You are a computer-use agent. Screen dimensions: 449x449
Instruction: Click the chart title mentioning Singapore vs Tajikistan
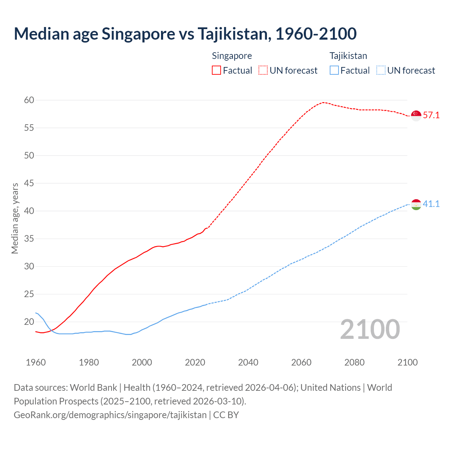(x=185, y=34)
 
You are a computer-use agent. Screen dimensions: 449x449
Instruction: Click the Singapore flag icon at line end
(x=416, y=115)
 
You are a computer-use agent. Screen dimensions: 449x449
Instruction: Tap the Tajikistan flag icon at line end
(x=416, y=205)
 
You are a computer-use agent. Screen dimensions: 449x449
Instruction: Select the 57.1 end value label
(x=431, y=115)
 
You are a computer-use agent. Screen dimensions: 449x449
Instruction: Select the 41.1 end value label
(x=431, y=204)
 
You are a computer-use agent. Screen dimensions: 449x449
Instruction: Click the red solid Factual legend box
(x=216, y=71)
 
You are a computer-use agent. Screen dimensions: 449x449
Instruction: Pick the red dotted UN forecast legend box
(x=263, y=71)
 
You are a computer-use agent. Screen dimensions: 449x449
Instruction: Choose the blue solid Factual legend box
(x=334, y=71)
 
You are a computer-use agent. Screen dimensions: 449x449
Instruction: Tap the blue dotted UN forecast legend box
(x=381, y=71)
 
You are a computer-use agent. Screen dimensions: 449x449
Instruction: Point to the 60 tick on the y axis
(x=29, y=100)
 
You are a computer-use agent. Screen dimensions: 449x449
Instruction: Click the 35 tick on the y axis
(x=29, y=239)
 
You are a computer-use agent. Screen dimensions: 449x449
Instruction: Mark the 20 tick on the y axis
(x=29, y=322)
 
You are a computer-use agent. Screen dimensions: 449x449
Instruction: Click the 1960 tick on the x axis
(x=36, y=362)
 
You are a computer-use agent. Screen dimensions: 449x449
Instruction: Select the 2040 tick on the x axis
(x=248, y=362)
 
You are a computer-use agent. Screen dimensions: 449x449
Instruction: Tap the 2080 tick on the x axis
(x=354, y=362)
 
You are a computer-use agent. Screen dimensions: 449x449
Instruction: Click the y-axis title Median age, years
(x=15, y=218)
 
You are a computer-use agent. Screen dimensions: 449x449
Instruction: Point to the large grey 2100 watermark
(x=370, y=329)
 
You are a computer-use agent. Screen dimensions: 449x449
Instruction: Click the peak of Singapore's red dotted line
(x=323, y=102)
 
